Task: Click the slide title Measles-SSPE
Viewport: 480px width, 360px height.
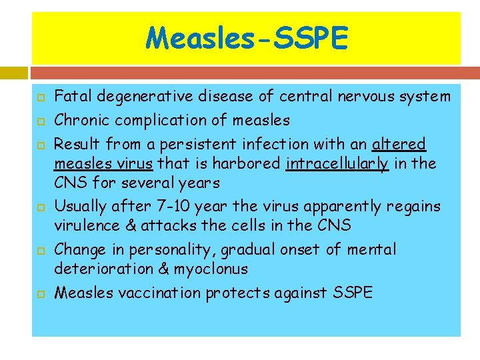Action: point(247,38)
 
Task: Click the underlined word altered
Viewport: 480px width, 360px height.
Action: point(399,145)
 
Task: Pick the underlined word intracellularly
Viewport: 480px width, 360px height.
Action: point(337,163)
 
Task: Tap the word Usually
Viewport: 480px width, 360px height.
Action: point(79,206)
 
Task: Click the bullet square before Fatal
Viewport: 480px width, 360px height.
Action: point(40,97)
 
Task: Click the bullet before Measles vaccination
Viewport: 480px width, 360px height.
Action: point(40,293)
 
